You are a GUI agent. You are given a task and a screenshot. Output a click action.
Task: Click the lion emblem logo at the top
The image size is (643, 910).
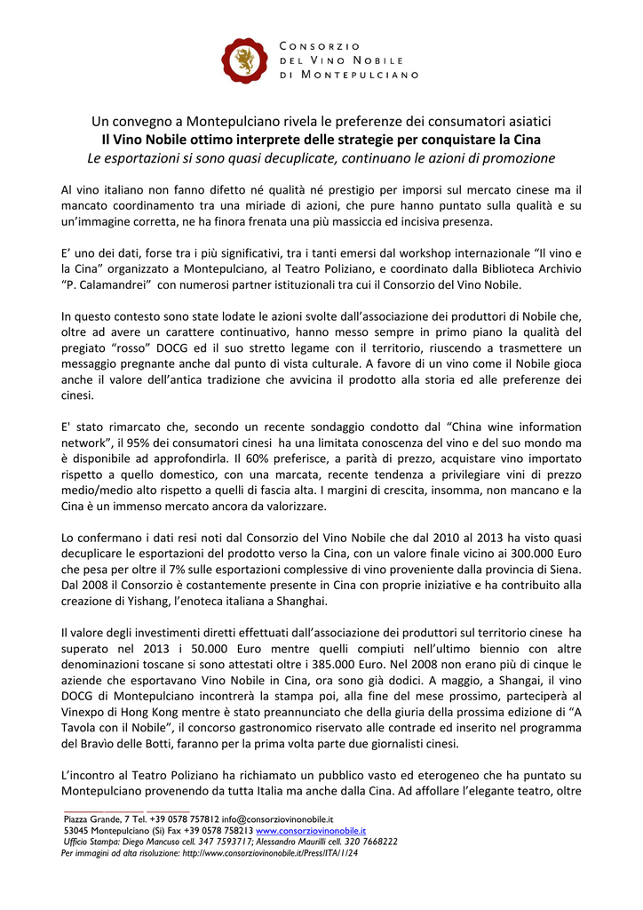[x=243, y=60]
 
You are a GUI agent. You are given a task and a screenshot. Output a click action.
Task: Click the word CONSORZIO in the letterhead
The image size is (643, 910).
[x=320, y=45]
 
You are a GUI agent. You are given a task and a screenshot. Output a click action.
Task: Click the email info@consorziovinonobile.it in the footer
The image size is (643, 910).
[x=277, y=818]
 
